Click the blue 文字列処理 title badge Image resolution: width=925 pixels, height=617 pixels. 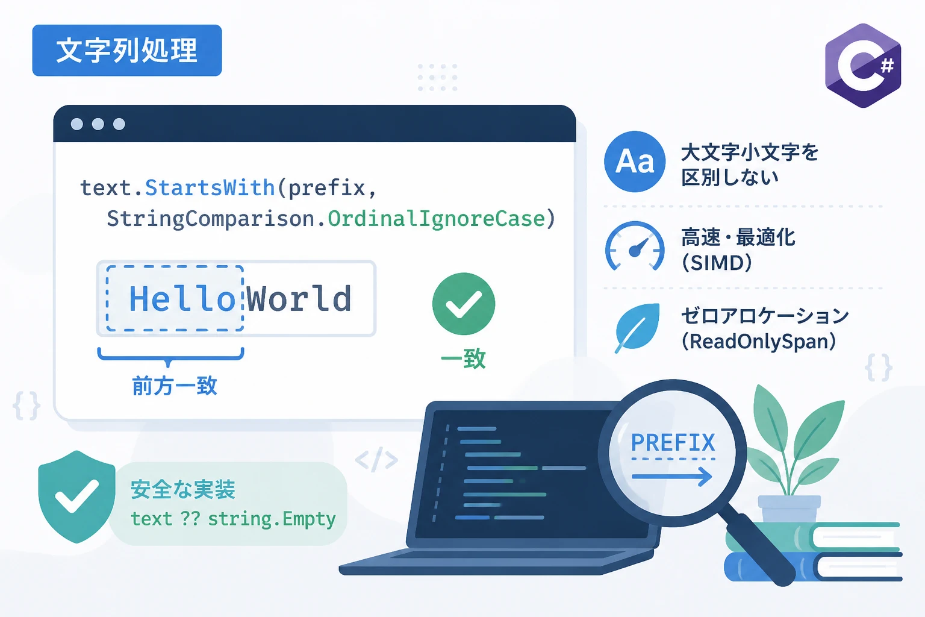(127, 51)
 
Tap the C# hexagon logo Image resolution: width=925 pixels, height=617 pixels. (862, 65)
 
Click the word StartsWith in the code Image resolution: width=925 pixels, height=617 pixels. (210, 188)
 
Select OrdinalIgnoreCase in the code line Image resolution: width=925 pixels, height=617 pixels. (437, 219)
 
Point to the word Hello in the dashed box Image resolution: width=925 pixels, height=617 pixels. (182, 298)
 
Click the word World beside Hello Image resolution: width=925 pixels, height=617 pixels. (299, 298)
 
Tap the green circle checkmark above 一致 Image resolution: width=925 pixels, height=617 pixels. (463, 304)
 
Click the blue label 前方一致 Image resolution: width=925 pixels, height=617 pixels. (174, 386)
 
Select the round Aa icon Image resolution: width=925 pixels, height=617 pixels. (635, 161)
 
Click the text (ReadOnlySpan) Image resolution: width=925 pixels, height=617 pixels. (759, 342)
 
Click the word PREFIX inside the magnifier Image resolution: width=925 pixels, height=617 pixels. (673, 443)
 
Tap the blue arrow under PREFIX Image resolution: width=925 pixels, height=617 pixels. (672, 477)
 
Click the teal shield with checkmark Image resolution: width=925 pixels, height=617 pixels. (76, 496)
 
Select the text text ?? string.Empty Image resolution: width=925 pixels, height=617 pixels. (233, 519)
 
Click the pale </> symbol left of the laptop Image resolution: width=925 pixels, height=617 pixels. (376, 459)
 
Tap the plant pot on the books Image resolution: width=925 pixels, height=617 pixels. (789, 509)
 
